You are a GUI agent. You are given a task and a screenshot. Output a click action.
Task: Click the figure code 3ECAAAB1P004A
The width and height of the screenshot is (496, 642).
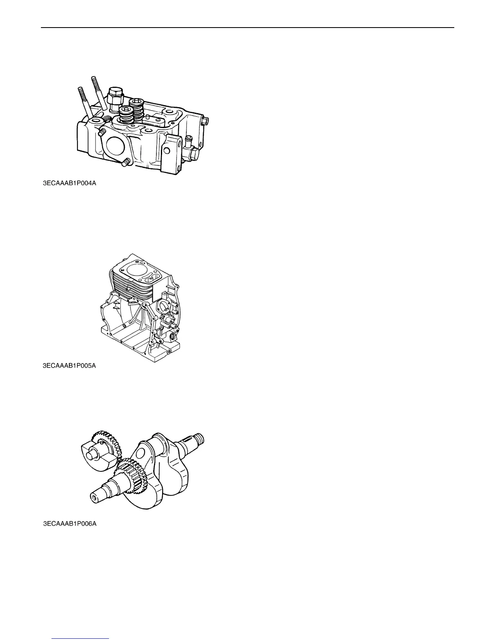pos(70,183)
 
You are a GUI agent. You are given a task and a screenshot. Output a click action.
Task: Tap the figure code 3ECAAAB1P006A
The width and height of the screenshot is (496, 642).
pos(70,524)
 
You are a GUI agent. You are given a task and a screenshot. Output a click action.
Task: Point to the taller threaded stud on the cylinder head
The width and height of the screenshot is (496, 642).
pos(100,91)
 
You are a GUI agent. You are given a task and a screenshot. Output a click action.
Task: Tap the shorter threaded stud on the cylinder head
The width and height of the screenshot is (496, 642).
pos(83,101)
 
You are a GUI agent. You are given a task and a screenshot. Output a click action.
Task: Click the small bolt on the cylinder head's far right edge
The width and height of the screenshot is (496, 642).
pos(205,120)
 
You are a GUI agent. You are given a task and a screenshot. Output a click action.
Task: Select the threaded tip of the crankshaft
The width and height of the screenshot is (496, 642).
pos(200,439)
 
